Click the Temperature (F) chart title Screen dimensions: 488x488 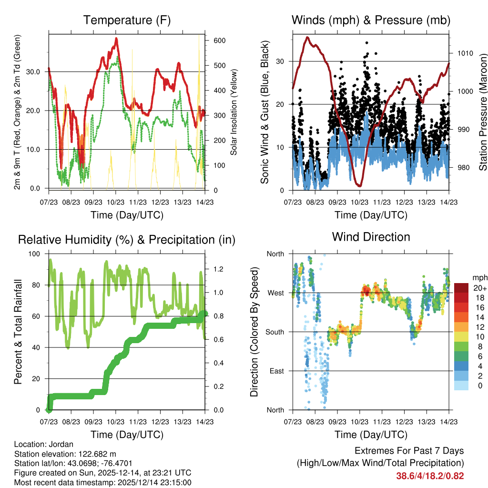point(127,20)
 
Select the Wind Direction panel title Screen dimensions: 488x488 point(371,236)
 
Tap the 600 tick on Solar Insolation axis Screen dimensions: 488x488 point(219,41)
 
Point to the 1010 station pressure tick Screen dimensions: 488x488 point(465,53)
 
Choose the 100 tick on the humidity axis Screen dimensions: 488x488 point(35,254)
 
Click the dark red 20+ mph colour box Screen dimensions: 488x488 point(461,288)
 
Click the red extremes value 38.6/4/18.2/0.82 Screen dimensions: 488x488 point(430,476)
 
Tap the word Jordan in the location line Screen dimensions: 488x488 point(57,444)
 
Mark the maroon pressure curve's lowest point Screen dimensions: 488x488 point(360,185)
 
